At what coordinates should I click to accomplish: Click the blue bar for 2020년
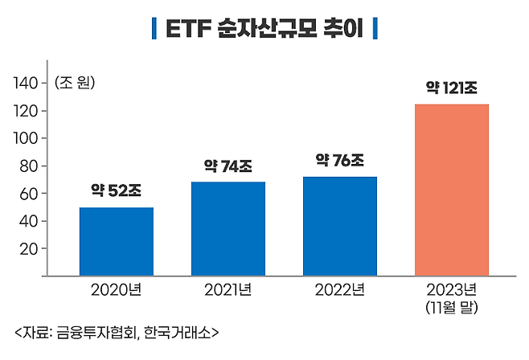pyautogui.click(x=116, y=241)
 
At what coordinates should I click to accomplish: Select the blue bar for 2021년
pyautogui.click(x=228, y=229)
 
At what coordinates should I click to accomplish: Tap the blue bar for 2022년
pyautogui.click(x=339, y=226)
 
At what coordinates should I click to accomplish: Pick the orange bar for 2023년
pyautogui.click(x=451, y=190)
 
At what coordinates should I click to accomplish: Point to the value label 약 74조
pyautogui.click(x=228, y=167)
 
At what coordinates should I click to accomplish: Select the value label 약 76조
pyautogui.click(x=339, y=161)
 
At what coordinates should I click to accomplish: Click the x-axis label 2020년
pyautogui.click(x=116, y=289)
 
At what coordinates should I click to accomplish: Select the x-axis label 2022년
pyautogui.click(x=339, y=289)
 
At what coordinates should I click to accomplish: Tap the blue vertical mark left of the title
pyautogui.click(x=154, y=31)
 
